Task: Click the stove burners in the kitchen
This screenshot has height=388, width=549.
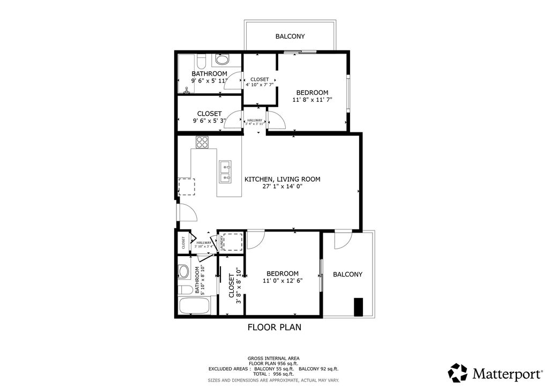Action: pyautogui.click(x=202, y=142)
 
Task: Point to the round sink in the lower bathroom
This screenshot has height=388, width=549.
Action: pyautogui.click(x=184, y=271)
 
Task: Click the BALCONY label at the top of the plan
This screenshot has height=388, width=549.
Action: pyautogui.click(x=290, y=36)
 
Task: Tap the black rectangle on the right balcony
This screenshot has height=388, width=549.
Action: pyautogui.click(x=359, y=307)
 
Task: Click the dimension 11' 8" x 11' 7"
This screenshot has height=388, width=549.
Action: pyautogui.click(x=313, y=100)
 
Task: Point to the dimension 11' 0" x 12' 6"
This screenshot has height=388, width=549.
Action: pyautogui.click(x=283, y=280)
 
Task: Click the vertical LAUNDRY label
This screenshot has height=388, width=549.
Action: pyautogui.click(x=220, y=243)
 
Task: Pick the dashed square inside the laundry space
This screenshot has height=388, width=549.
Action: pyautogui.click(x=232, y=241)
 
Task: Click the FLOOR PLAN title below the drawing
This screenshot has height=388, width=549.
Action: pyautogui.click(x=274, y=327)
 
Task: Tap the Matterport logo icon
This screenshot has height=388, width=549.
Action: pyautogui.click(x=457, y=372)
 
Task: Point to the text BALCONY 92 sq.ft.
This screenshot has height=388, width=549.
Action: pyautogui.click(x=318, y=369)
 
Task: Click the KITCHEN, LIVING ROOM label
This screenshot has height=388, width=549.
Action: pyautogui.click(x=282, y=179)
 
